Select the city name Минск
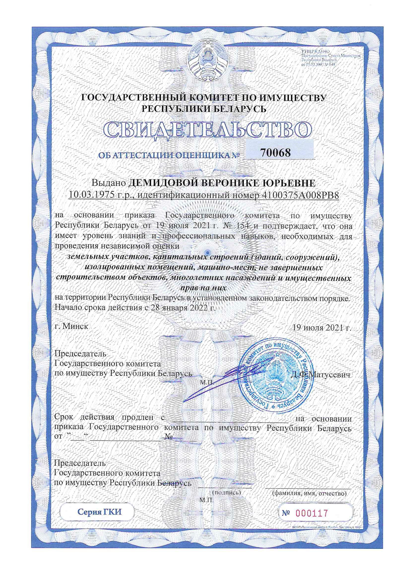coord(75,326)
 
